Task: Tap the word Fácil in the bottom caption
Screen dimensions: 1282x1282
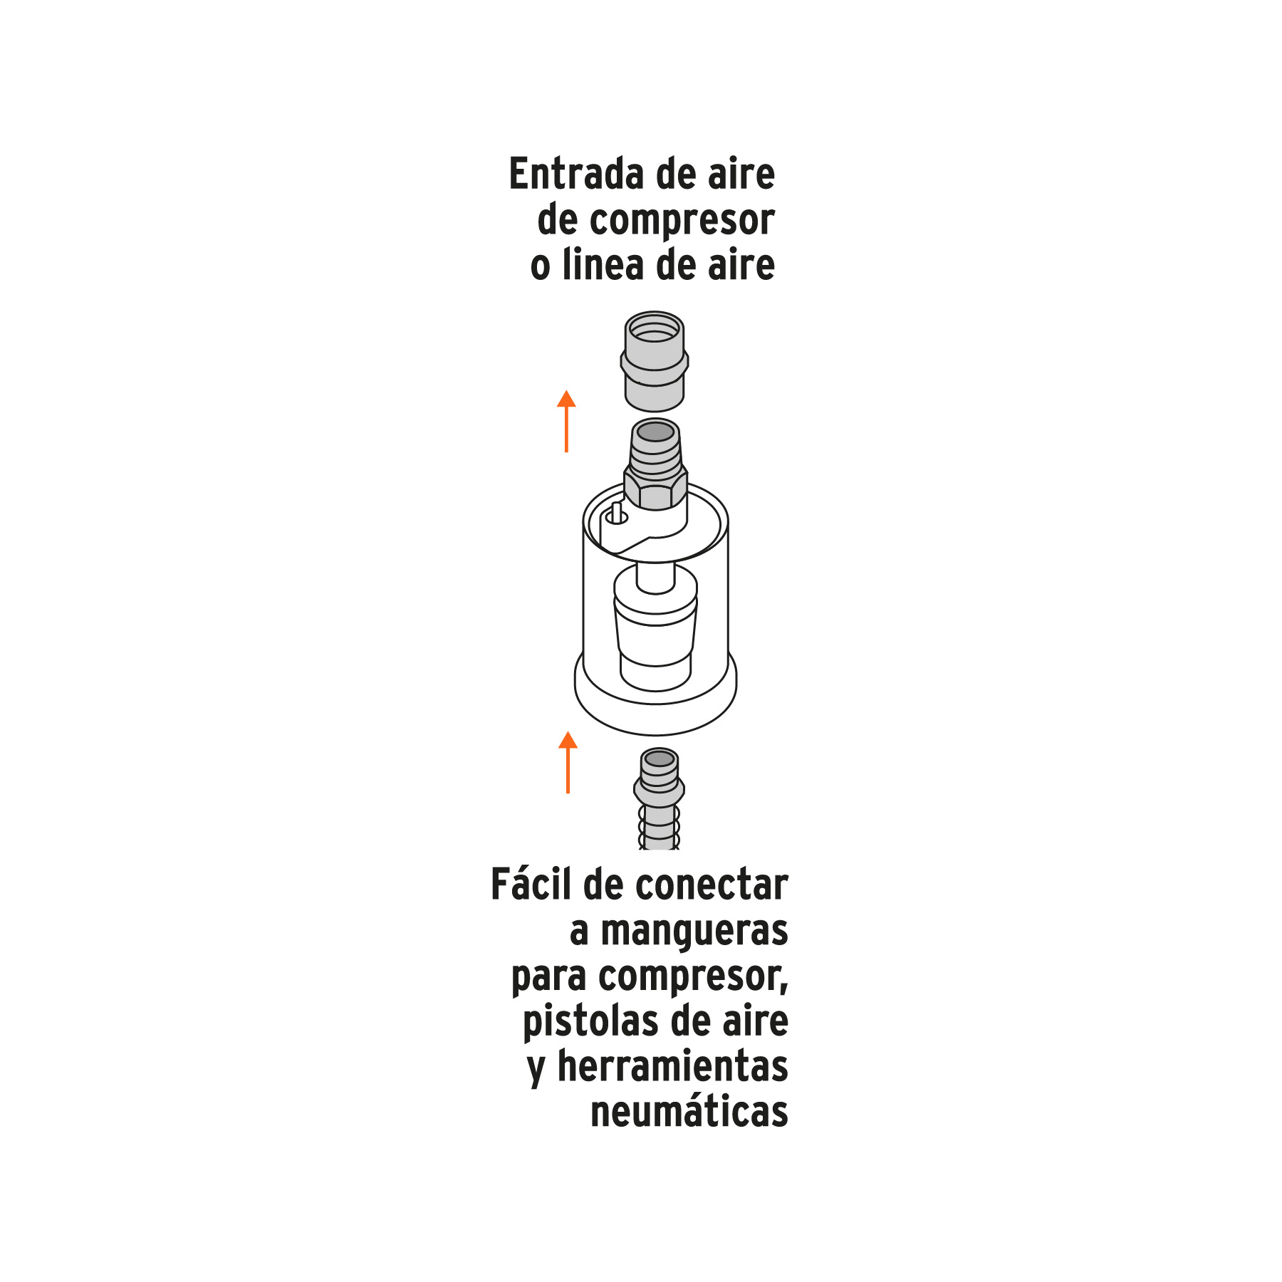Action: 531,885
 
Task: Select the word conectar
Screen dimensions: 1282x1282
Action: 712,886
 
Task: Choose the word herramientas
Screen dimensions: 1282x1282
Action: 672,1067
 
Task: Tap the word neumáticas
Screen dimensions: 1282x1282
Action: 689,1112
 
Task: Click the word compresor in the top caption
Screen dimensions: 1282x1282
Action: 682,221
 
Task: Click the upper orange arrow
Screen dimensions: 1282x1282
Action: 566,421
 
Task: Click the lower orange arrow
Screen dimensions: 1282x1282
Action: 568,762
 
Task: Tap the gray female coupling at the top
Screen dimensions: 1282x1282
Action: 655,361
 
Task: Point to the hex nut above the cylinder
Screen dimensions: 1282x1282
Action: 655,489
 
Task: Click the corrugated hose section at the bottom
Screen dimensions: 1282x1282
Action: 659,828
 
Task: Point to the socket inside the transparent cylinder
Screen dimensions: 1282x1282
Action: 655,627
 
